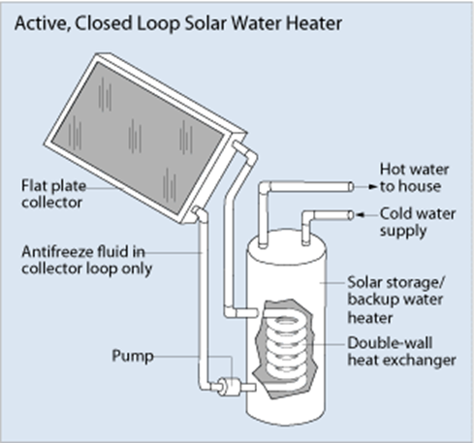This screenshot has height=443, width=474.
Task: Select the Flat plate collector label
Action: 53,194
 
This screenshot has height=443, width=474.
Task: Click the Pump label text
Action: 133,356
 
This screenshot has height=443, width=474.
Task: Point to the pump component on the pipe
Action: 229,386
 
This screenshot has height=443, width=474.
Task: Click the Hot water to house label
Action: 414,177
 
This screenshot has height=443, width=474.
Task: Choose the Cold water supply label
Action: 417,222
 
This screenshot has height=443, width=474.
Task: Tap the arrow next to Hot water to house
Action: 368,186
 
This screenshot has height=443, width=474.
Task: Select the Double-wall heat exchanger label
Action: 401,351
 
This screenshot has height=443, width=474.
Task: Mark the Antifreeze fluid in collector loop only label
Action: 86,261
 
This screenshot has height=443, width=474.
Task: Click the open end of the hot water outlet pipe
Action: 351,187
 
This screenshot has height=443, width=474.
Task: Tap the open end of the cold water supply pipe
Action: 351,215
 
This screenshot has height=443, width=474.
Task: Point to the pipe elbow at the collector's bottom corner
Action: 201,214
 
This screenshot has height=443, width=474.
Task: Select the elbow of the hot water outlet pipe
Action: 265,188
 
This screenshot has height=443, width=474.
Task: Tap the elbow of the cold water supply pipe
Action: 308,216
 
